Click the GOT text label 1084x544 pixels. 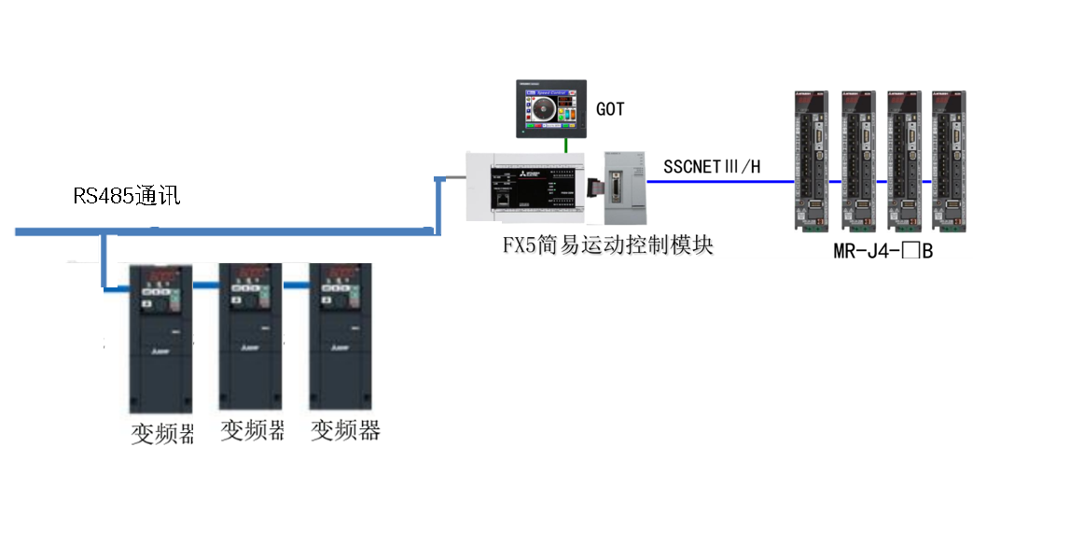tap(610, 109)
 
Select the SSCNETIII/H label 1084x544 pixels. tap(712, 167)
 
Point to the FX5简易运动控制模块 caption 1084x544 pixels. tap(607, 245)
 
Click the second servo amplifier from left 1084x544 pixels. tap(858, 160)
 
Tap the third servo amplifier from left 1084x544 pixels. tap(906, 160)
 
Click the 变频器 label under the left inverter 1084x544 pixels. tap(162, 434)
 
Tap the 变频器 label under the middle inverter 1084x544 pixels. tap(252, 430)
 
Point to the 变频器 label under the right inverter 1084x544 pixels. tap(345, 430)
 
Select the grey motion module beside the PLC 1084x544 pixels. tap(623, 187)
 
